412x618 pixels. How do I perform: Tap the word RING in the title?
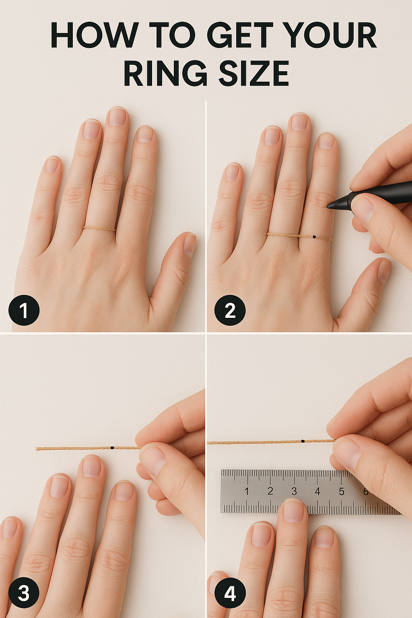(165, 73)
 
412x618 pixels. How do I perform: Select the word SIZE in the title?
(253, 73)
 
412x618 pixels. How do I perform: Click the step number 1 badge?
(24, 310)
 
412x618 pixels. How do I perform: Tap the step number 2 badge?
(230, 310)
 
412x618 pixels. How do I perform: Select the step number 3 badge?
(24, 592)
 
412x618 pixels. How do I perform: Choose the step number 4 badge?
(230, 592)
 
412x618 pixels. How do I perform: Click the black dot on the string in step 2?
(315, 237)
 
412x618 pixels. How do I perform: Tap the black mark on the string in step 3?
(112, 447)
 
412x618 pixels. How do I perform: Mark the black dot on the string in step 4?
(303, 441)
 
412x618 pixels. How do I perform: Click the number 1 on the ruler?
(247, 491)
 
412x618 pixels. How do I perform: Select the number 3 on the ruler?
(294, 491)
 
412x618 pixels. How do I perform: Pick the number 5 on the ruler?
(342, 491)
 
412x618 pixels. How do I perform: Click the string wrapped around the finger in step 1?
(99, 229)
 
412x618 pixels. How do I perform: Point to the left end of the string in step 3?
(37, 449)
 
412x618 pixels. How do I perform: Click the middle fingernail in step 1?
(117, 117)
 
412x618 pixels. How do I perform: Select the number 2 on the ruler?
(270, 491)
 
